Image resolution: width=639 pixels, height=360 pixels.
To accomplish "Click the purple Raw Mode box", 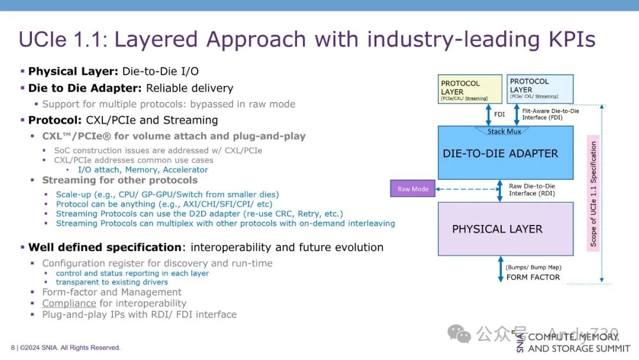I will [x=412, y=189].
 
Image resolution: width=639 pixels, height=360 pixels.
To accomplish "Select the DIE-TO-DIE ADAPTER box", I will [x=505, y=153].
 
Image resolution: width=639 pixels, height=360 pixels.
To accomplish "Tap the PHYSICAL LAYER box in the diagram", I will [x=505, y=229].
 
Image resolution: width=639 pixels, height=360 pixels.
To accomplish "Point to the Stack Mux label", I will [x=504, y=131].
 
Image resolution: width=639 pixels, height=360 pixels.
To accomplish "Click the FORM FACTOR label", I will [x=533, y=277].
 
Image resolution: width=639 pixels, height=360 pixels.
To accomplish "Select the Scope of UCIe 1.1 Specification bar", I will [x=593, y=193].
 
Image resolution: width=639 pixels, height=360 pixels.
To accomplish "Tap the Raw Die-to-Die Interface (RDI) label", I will [x=532, y=189].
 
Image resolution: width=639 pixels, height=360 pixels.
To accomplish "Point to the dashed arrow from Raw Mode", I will [x=466, y=189].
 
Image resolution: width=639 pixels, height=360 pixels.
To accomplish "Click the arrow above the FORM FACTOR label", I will [x=500, y=269].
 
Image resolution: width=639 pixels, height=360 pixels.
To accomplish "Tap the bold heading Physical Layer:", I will [x=73, y=72].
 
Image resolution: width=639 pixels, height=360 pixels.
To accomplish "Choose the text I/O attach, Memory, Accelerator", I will [x=143, y=170].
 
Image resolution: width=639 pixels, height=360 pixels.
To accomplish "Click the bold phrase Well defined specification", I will [x=105, y=247].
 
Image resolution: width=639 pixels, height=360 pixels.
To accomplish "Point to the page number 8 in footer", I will [x=12, y=348].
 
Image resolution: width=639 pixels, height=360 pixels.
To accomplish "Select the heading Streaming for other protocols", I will [x=120, y=180].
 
